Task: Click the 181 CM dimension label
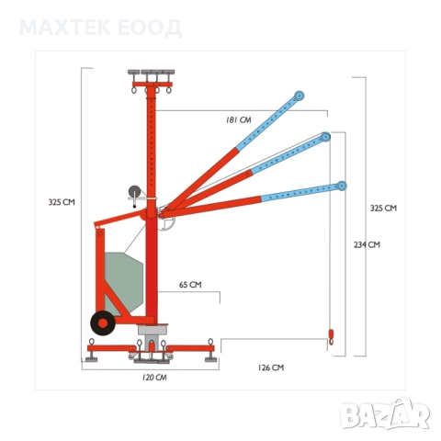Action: coord(239,119)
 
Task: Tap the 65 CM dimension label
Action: coord(190,285)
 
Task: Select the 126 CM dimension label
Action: coord(271,367)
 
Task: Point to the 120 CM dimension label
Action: coord(154,378)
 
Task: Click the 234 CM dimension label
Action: coord(367,244)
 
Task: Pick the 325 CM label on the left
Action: coord(62,202)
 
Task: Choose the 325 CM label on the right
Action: coord(383,209)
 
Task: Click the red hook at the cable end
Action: coord(331,337)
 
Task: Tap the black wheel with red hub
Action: coord(103,322)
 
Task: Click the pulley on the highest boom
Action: coord(299,96)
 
